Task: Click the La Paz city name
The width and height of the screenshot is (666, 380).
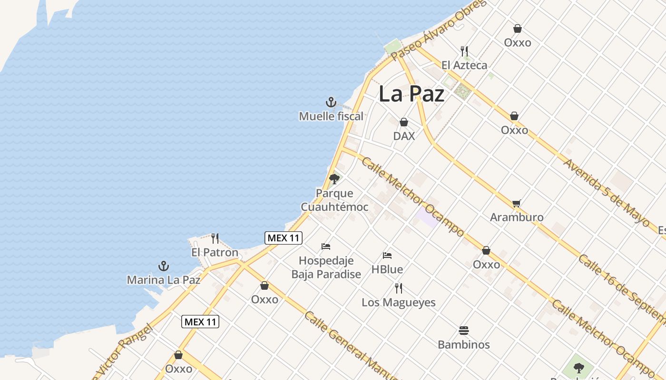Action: [411, 94]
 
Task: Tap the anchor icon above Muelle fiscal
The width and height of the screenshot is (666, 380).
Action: [331, 102]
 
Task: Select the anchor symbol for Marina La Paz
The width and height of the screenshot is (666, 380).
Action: [164, 266]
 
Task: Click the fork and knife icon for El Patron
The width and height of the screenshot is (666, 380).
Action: [215, 238]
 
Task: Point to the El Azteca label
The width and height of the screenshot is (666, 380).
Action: [464, 65]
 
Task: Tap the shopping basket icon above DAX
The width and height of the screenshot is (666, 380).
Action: [404, 122]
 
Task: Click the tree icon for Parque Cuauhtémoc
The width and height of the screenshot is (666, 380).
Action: [334, 179]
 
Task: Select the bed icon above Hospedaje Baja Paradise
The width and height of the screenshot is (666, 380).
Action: [326, 247]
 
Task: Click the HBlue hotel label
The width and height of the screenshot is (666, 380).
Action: [387, 269]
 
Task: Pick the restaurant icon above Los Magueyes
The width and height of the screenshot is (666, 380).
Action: [399, 288]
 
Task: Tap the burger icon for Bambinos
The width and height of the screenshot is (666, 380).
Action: [464, 331]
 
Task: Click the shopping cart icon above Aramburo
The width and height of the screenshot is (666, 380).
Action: [517, 204]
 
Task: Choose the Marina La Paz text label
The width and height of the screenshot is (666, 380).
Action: [164, 280]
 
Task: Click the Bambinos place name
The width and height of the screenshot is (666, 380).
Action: [464, 344]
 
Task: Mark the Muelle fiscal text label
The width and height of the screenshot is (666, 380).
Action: [331, 116]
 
